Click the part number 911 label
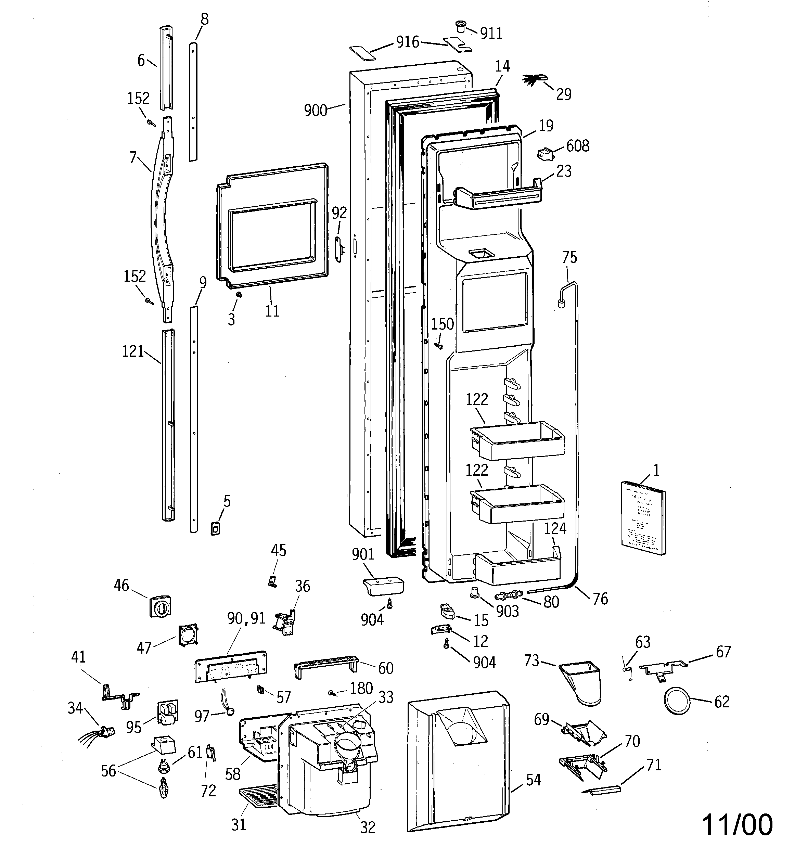click(491, 33)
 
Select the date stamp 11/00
click(737, 824)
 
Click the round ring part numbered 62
click(677, 701)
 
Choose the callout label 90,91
click(246, 618)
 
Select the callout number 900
click(316, 110)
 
